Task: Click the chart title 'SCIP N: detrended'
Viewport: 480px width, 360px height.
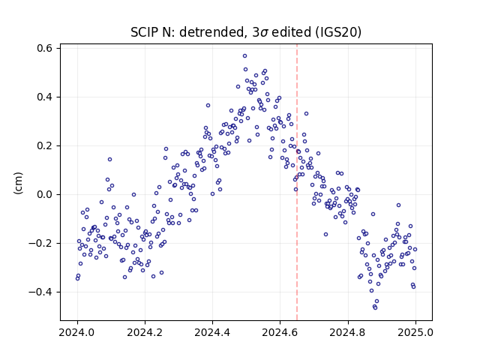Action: [187, 32]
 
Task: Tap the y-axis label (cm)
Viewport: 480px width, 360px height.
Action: [18, 183]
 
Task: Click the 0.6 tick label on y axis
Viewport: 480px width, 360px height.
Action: [44, 48]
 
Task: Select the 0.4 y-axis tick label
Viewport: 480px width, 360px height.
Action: [44, 97]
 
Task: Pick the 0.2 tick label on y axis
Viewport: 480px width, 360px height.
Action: [44, 145]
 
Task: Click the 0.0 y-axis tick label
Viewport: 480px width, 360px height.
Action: [44, 194]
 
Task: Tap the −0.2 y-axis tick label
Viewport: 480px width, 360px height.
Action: [40, 243]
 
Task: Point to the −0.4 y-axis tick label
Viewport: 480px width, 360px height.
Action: [40, 292]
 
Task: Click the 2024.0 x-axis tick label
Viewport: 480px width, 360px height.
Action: [77, 332]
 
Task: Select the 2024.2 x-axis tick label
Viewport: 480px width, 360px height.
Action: [145, 332]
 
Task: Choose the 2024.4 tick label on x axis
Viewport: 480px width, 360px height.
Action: [212, 332]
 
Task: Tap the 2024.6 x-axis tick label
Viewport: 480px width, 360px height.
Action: [280, 332]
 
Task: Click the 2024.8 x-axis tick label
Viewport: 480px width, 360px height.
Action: [348, 332]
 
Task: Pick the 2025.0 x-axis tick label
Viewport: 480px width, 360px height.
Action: [415, 332]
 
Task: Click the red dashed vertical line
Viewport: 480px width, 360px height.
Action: [297, 182]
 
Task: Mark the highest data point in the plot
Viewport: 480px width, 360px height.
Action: [245, 56]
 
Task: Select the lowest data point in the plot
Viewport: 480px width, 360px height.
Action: [375, 307]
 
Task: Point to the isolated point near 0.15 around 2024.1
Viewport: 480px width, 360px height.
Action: [110, 160]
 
